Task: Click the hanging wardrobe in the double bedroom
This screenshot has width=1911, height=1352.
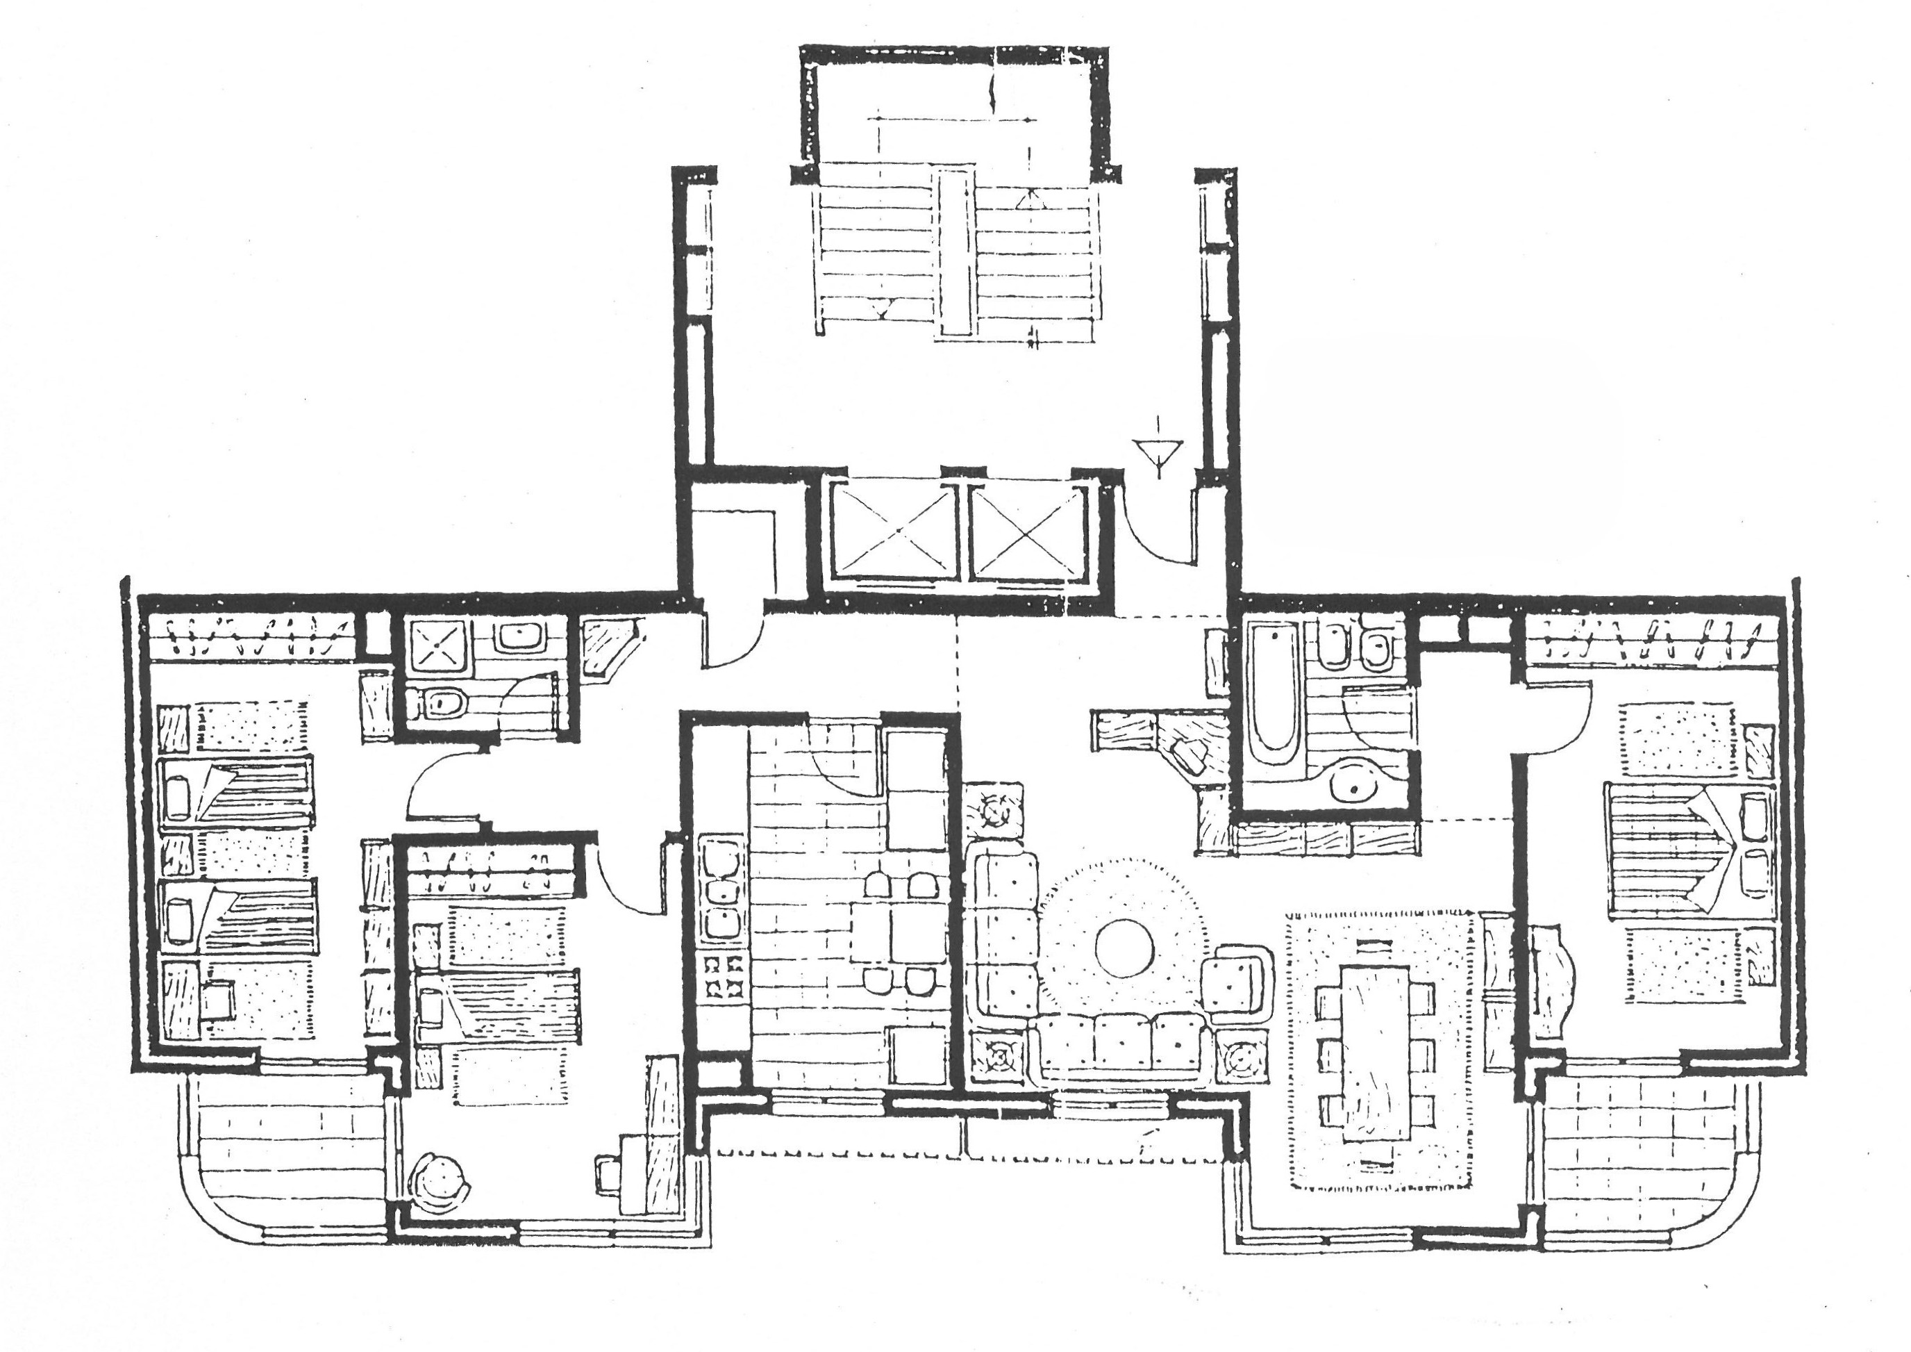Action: pyautogui.click(x=1652, y=643)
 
